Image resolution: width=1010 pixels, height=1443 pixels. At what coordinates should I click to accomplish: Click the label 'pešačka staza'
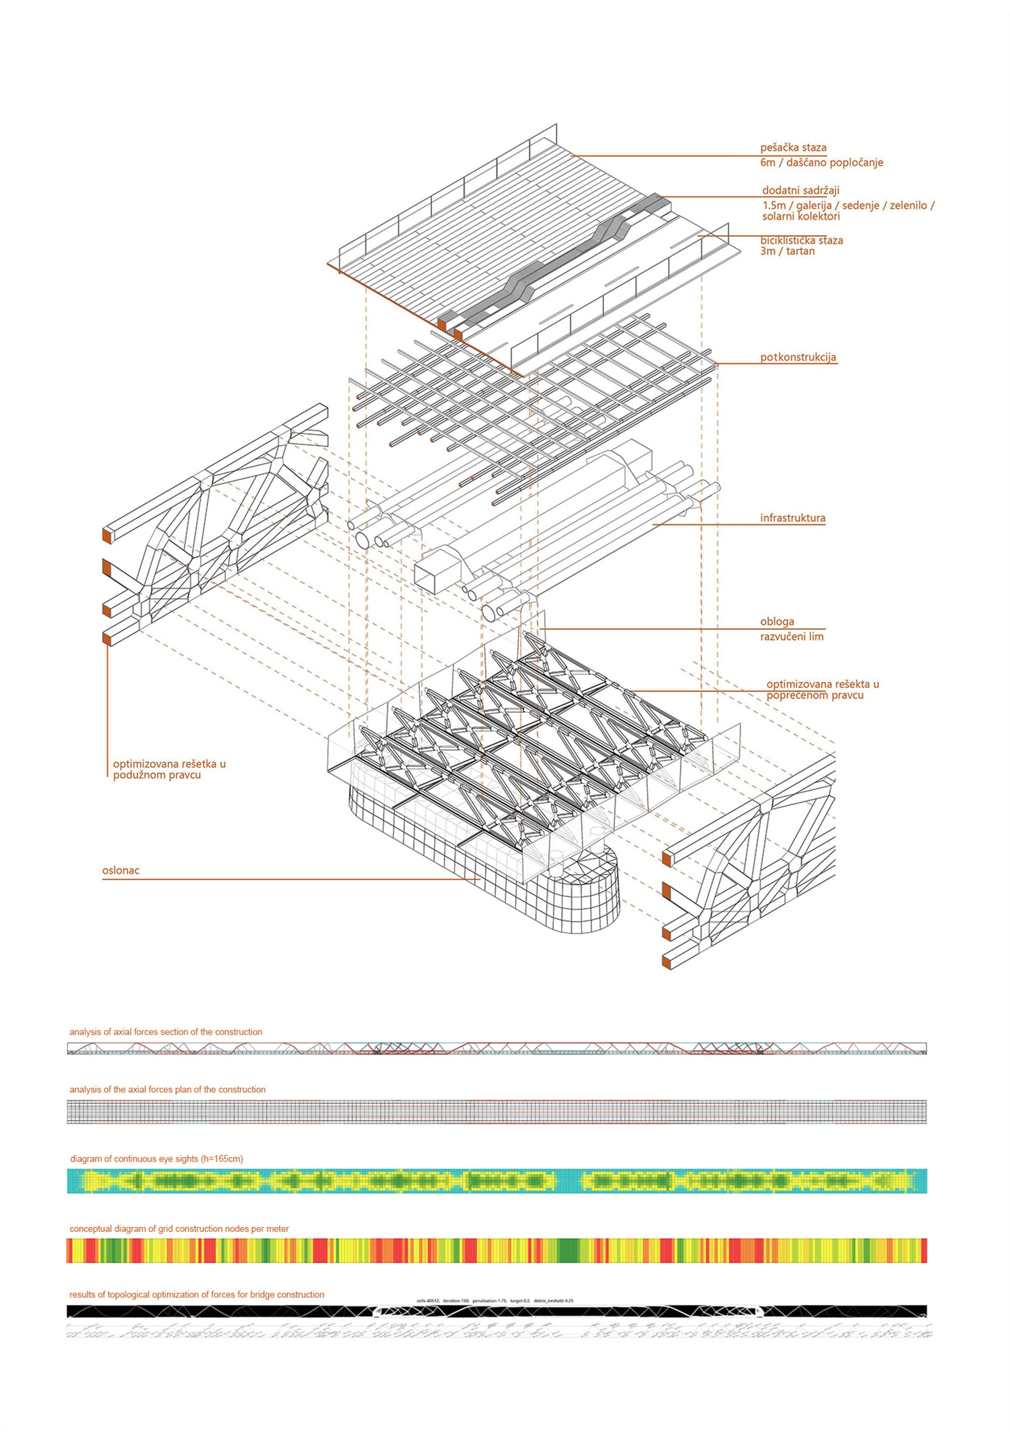click(x=793, y=148)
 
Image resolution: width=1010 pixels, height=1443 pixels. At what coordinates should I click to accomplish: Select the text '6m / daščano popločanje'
click(x=822, y=163)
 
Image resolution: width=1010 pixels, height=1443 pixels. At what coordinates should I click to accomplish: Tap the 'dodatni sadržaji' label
click(x=801, y=190)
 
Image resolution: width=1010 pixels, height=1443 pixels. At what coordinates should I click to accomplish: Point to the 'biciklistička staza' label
click(x=801, y=240)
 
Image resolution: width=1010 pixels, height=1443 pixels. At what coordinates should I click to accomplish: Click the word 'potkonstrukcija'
click(x=798, y=357)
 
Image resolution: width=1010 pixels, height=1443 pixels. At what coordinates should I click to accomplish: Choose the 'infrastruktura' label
click(x=792, y=519)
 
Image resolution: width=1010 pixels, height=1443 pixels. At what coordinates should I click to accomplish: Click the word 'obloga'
click(x=777, y=622)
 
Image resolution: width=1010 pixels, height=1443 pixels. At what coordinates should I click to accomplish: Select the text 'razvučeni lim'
click(x=791, y=637)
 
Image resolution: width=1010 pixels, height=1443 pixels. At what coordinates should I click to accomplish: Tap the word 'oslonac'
click(x=121, y=870)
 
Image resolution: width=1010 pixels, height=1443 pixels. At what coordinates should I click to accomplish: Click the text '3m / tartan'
click(x=787, y=251)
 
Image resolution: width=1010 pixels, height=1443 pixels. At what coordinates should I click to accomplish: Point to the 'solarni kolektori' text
click(x=801, y=216)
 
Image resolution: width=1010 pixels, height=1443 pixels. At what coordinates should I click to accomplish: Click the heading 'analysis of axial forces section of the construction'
click(x=166, y=1032)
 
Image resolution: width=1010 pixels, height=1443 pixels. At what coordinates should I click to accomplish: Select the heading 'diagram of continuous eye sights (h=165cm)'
click(x=157, y=1158)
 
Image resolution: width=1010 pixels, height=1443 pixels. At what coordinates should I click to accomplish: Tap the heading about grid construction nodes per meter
click(x=179, y=1229)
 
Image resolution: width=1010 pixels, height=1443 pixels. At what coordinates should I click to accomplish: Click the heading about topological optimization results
click(x=197, y=1295)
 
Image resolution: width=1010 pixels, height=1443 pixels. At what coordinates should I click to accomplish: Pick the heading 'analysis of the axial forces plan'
click(x=167, y=1089)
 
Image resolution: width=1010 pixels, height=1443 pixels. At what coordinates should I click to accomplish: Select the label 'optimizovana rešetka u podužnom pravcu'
click(x=169, y=769)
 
